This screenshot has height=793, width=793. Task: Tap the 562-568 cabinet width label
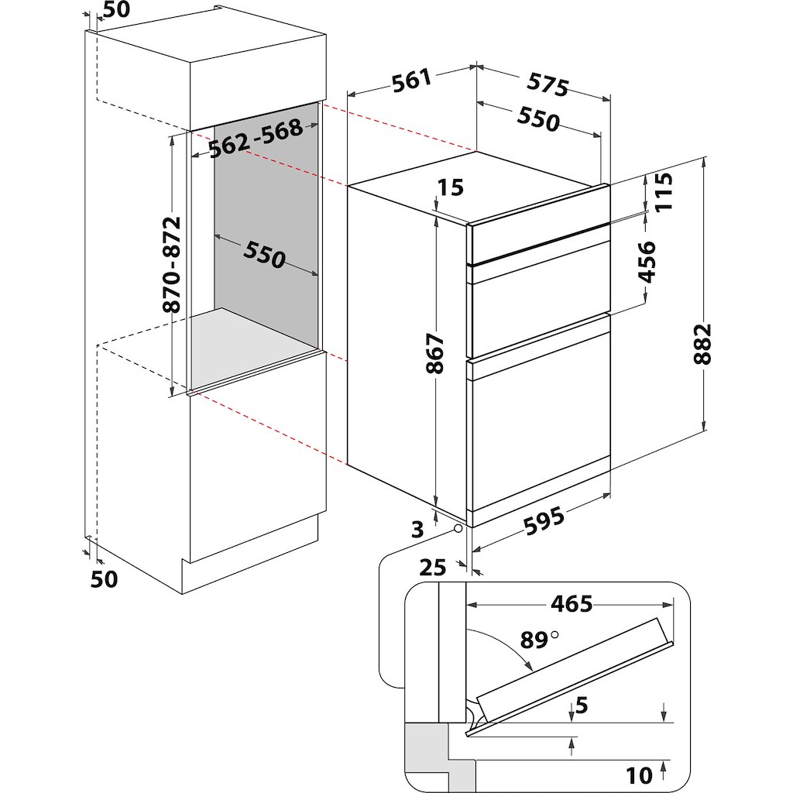point(256,139)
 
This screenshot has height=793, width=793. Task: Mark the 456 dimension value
point(647,262)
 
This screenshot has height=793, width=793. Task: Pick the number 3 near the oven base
point(417,530)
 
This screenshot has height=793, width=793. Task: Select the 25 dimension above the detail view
point(433,568)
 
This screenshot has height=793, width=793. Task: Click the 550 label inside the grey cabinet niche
point(264,254)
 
